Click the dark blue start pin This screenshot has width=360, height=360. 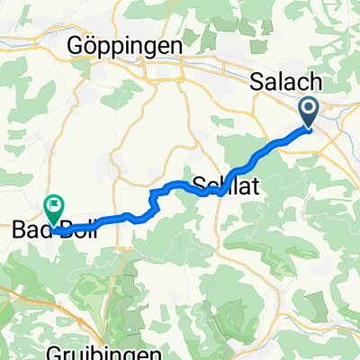tap(309, 112)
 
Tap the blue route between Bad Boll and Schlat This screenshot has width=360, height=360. tap(117, 217)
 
